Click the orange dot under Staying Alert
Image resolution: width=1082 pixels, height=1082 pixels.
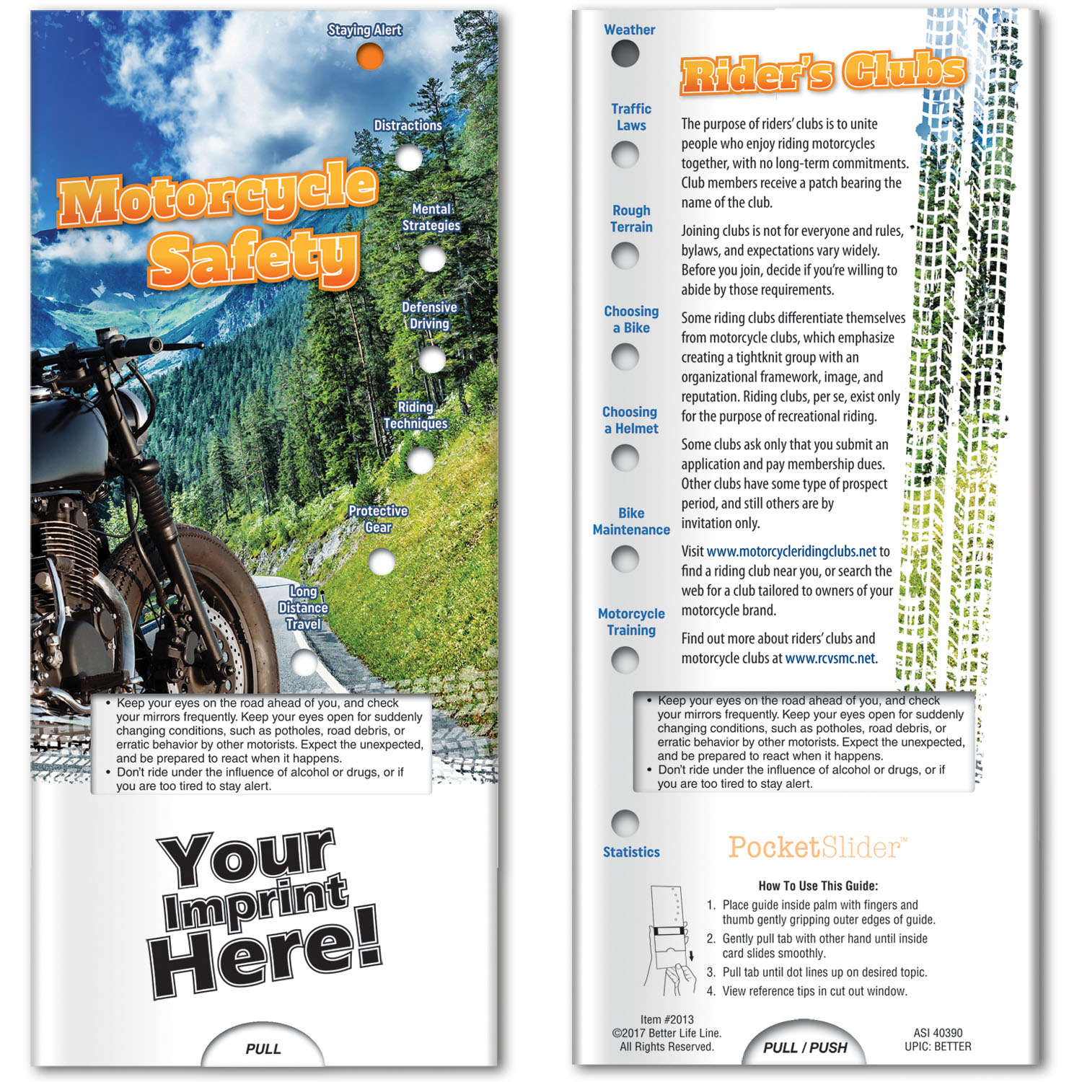click(x=369, y=56)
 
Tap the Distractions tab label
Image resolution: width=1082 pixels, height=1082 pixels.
click(x=408, y=126)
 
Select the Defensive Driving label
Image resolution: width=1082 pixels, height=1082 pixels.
click(x=429, y=316)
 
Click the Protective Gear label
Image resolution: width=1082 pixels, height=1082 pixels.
click(x=378, y=519)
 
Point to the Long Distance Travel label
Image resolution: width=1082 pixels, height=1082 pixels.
click(x=303, y=608)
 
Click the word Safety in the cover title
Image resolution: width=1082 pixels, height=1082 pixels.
click(x=253, y=258)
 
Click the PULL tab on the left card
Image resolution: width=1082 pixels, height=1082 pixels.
click(x=263, y=1049)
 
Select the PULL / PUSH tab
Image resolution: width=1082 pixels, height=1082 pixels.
click(x=805, y=1047)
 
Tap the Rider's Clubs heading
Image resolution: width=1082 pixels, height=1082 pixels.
click(x=823, y=74)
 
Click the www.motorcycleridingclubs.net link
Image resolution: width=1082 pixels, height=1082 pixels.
click(x=791, y=552)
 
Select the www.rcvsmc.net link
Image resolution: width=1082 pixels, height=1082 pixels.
click(x=830, y=659)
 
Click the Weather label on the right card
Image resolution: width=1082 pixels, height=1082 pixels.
click(x=629, y=30)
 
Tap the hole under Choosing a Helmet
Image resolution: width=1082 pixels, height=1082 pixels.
click(x=625, y=457)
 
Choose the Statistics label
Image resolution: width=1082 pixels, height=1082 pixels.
click(x=631, y=852)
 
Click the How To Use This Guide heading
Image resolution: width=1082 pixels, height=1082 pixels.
click(x=818, y=886)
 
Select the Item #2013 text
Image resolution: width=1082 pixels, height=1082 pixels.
click(x=667, y=1019)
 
